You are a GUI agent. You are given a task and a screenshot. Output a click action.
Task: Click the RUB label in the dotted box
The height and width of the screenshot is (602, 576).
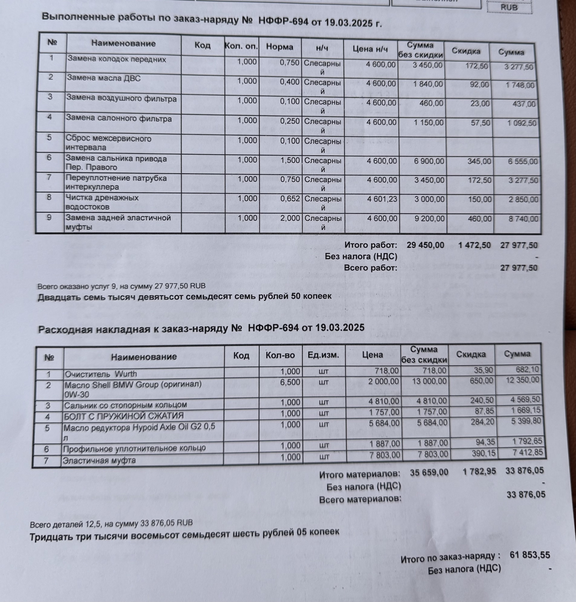click(509, 7)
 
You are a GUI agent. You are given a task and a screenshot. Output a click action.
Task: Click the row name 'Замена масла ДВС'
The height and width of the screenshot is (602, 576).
click(104, 78)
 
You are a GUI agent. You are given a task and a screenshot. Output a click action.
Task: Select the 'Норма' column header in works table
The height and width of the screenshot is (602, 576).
click(279, 47)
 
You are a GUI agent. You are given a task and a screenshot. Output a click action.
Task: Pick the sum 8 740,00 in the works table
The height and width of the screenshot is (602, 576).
click(523, 219)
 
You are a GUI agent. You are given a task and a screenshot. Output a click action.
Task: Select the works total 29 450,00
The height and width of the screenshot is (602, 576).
click(425, 245)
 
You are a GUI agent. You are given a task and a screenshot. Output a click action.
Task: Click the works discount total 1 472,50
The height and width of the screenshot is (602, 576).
click(474, 245)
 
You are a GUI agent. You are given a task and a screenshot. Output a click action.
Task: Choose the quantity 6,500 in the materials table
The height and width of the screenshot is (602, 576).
click(290, 382)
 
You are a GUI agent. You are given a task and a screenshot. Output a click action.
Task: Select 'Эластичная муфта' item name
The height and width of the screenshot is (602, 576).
click(99, 461)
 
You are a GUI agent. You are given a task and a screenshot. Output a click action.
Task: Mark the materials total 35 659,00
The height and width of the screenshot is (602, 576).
click(429, 473)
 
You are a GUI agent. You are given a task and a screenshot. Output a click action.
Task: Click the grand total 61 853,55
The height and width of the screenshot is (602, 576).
click(530, 555)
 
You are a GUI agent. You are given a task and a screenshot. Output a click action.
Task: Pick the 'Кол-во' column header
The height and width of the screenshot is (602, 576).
click(280, 355)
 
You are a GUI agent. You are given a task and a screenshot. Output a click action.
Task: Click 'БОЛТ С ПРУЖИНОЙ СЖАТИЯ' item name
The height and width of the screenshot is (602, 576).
click(124, 416)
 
